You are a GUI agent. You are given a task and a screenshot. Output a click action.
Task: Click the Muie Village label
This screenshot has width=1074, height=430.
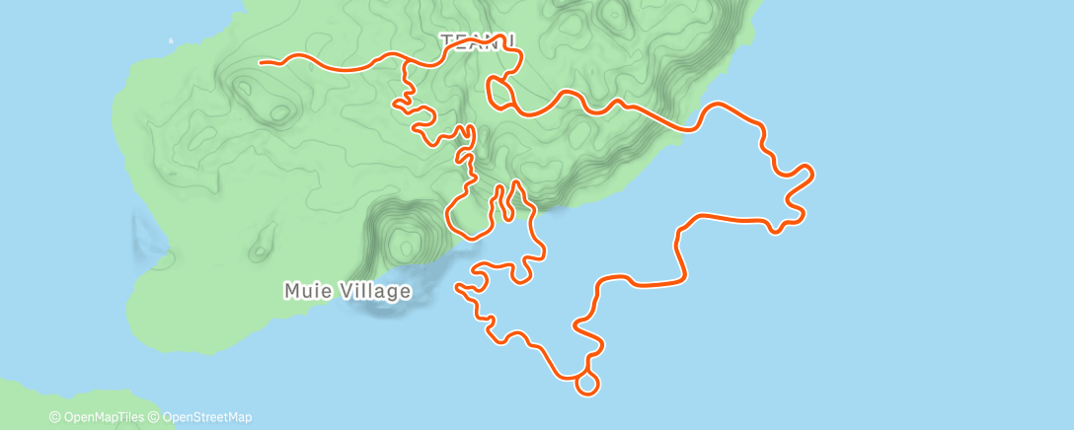coord(346,292)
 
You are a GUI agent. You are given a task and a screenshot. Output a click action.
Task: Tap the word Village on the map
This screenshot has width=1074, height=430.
coord(372,292)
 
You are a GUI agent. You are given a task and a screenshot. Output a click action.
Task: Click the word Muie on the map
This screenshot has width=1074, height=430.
coord(306,292)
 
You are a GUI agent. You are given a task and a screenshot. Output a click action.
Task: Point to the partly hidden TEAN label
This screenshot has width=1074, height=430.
coord(474,41)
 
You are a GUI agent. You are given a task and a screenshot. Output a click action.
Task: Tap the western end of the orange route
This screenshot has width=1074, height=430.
coord(261,62)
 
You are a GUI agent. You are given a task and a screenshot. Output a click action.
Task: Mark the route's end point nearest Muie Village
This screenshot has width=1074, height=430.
coord(456,287)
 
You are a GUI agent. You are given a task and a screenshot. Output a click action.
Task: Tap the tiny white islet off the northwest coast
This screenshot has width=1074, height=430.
coord(171,41)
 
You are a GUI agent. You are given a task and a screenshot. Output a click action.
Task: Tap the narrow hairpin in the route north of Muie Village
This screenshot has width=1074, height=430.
coord(505,202)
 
